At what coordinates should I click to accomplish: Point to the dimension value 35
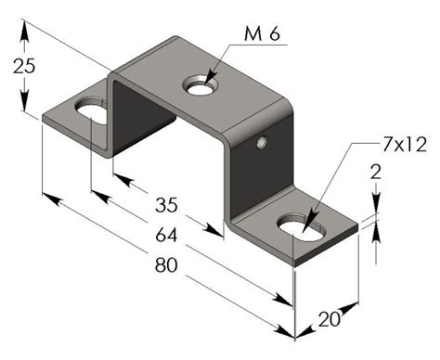coord(166,203)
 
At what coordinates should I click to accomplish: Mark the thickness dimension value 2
coord(376,171)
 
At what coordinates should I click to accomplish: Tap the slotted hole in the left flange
coord(91,114)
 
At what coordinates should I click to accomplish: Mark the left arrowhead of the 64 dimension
coord(97,192)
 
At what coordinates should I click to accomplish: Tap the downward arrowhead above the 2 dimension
coord(377,210)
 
